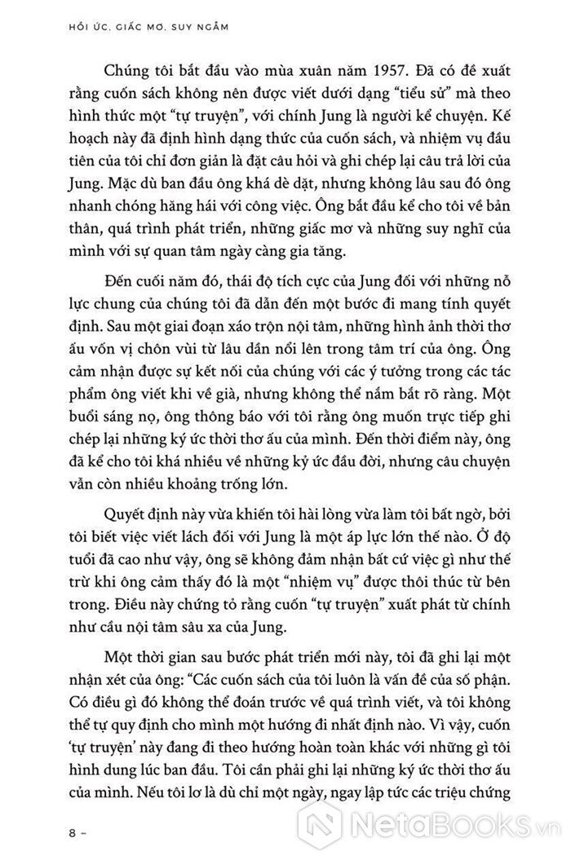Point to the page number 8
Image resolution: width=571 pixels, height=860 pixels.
(76, 833)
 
